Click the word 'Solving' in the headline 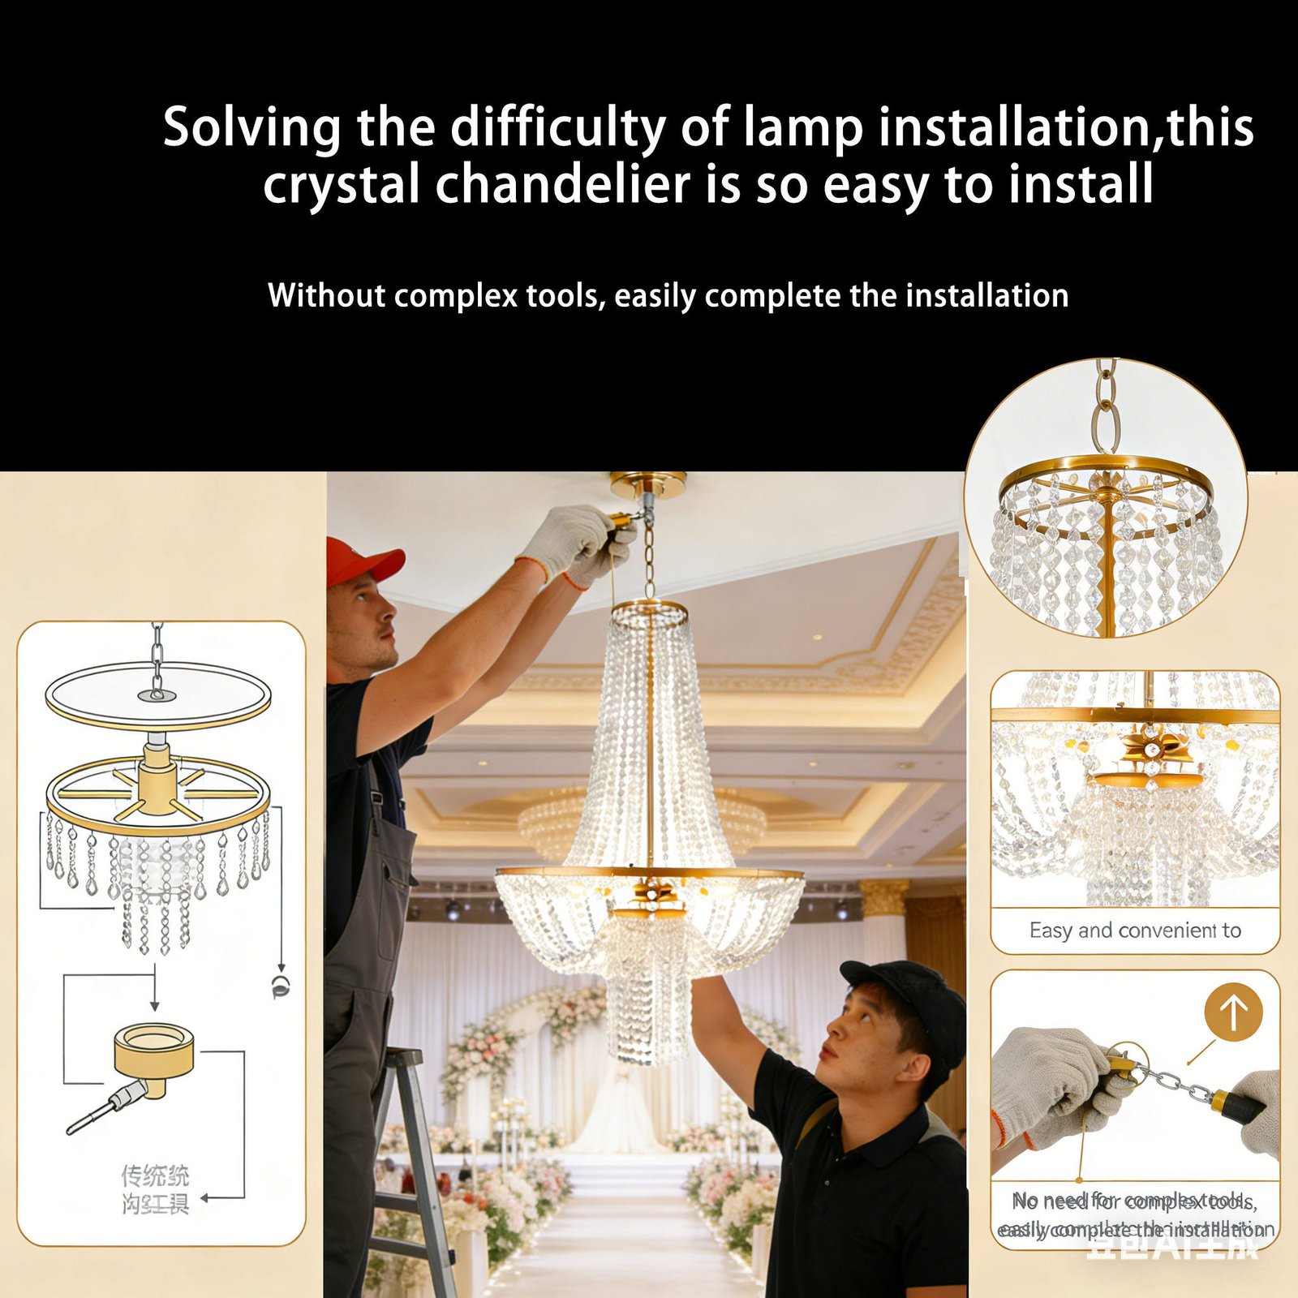(x=251, y=128)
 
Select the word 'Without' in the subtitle (x=326, y=295)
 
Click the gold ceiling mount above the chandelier (x=647, y=484)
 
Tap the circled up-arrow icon (x=1233, y=1012)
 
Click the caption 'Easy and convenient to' (x=1134, y=931)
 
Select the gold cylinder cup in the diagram (x=153, y=1051)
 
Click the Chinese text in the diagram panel (x=155, y=1189)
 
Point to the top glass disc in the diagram (x=158, y=695)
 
